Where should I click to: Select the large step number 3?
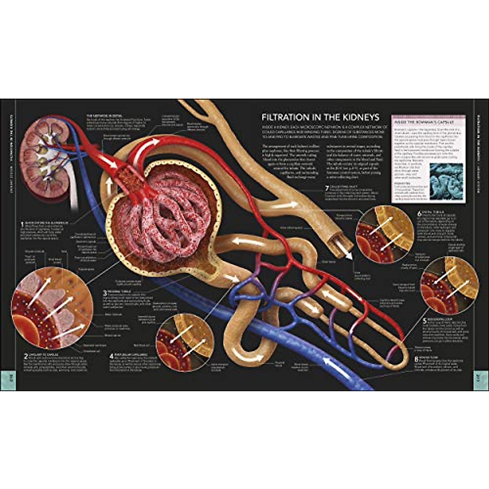[105, 293]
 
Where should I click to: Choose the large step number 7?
[326, 188]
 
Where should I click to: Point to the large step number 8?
[416, 359]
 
